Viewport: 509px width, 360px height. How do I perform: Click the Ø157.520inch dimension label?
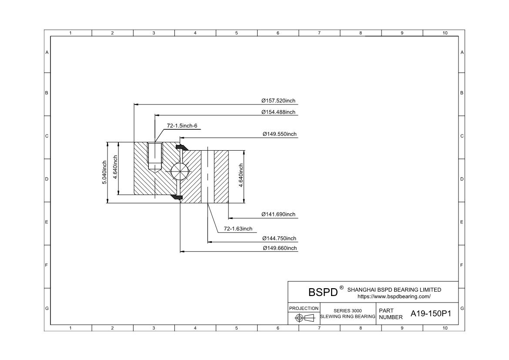278,101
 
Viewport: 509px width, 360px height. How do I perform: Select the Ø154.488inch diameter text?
278,112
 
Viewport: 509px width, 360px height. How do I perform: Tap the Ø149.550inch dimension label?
279,134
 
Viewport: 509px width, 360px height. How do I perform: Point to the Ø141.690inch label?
278,214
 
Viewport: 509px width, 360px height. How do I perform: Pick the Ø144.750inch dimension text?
279,239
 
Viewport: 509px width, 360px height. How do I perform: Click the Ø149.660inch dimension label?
279,248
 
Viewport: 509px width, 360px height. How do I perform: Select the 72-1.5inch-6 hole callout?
182,126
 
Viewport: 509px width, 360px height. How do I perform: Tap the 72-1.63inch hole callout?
238,229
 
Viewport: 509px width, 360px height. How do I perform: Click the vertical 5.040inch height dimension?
104,172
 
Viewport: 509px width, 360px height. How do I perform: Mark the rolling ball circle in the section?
180,171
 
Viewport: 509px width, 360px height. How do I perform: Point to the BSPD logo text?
323,292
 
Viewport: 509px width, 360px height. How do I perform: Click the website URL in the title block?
394,296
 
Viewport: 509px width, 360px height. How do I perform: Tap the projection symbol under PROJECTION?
304,318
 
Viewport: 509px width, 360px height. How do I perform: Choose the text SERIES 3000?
347,311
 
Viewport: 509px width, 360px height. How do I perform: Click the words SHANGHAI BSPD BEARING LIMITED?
394,289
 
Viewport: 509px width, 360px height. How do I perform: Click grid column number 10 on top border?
445,33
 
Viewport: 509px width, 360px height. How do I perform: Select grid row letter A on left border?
47,52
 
